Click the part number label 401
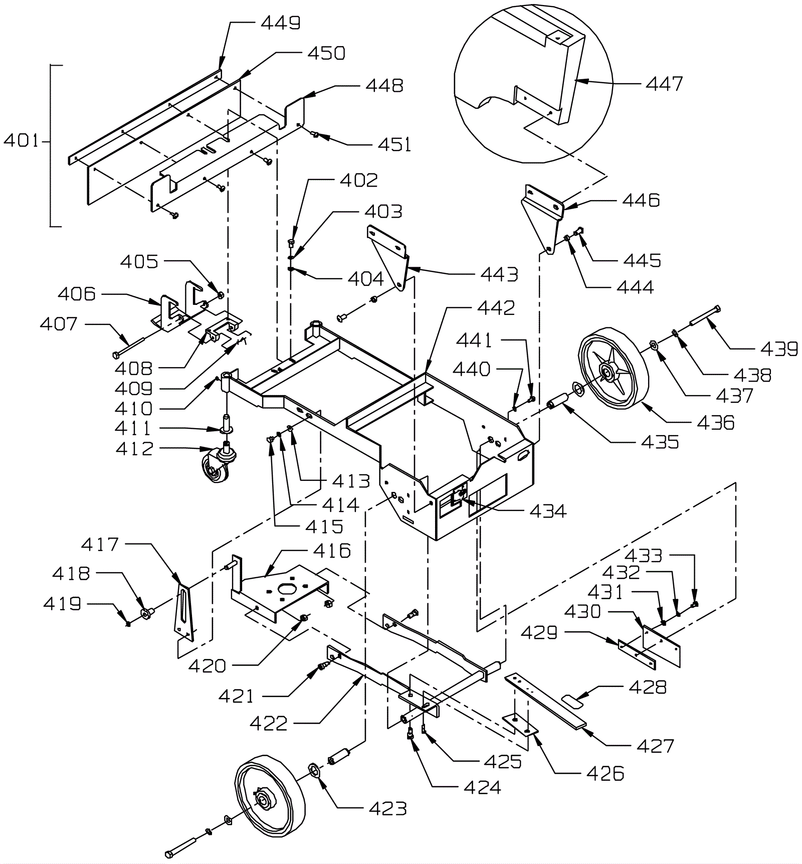pyautogui.click(x=21, y=141)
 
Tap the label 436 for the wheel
pyautogui.click(x=716, y=422)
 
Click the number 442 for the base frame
pyautogui.click(x=496, y=308)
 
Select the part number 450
pyautogui.click(x=326, y=53)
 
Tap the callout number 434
pyautogui.click(x=548, y=511)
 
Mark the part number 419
pyautogui.click(x=62, y=603)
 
